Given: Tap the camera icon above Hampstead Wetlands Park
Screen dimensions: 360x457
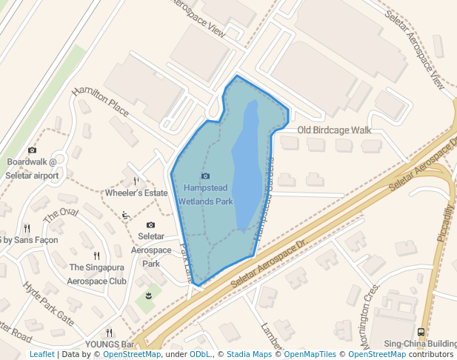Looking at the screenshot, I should (x=206, y=176).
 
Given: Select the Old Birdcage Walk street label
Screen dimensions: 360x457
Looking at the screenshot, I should (x=334, y=130).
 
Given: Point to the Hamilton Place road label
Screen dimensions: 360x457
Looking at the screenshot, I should (x=100, y=103).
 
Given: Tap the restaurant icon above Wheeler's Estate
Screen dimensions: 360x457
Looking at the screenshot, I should (x=136, y=180).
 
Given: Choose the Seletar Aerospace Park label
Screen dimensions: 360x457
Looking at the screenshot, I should (x=151, y=250).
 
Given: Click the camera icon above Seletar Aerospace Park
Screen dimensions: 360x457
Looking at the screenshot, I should (x=151, y=224).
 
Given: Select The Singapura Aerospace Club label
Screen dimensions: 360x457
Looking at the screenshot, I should (x=97, y=275).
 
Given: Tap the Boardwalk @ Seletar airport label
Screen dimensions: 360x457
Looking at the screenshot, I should (x=32, y=168).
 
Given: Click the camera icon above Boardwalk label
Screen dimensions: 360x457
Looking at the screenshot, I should (x=32, y=150).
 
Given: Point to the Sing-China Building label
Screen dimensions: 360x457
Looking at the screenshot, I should (x=420, y=344).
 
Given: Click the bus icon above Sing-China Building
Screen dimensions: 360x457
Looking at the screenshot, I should (x=421, y=332).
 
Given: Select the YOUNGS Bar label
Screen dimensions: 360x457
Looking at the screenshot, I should (x=109, y=344).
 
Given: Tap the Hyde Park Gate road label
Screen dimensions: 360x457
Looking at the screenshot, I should (x=48, y=304).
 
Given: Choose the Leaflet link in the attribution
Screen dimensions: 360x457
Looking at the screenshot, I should (x=41, y=354).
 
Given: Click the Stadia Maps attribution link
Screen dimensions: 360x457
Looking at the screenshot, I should (x=249, y=354).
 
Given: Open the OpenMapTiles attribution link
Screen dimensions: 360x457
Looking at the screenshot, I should (x=310, y=354).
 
